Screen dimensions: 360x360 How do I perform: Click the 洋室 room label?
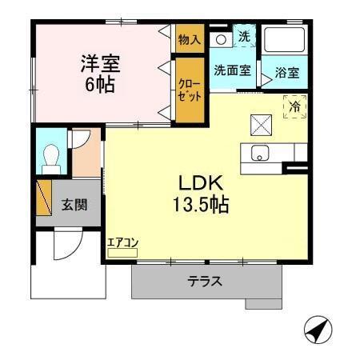100,62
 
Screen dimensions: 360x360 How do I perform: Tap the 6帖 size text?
100,82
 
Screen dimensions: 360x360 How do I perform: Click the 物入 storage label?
190,39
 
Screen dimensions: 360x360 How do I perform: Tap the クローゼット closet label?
190,89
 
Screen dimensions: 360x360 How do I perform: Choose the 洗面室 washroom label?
231,70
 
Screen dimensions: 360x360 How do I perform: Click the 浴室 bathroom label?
287,73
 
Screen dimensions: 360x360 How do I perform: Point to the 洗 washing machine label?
245,36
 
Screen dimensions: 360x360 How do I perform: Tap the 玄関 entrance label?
75,203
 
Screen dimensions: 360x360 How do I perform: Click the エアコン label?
123,242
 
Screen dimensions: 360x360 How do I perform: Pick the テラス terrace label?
205,282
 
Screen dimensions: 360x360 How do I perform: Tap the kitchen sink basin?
261,154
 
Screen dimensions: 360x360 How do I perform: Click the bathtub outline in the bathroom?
285,43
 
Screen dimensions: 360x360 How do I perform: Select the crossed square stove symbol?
262,124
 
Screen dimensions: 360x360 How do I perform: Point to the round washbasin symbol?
220,38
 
